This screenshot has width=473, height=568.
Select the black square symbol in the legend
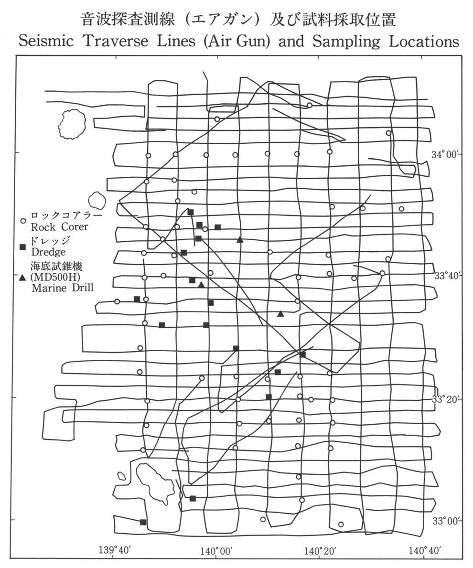(x=22, y=247)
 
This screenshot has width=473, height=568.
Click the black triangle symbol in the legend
(x=22, y=277)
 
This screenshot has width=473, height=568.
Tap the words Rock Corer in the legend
(x=59, y=227)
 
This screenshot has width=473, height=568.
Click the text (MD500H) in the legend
(x=55, y=276)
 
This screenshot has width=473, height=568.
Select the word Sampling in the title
(x=344, y=41)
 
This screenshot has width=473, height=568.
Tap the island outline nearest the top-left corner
(x=72, y=122)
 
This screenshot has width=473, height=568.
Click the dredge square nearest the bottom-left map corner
(x=143, y=522)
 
